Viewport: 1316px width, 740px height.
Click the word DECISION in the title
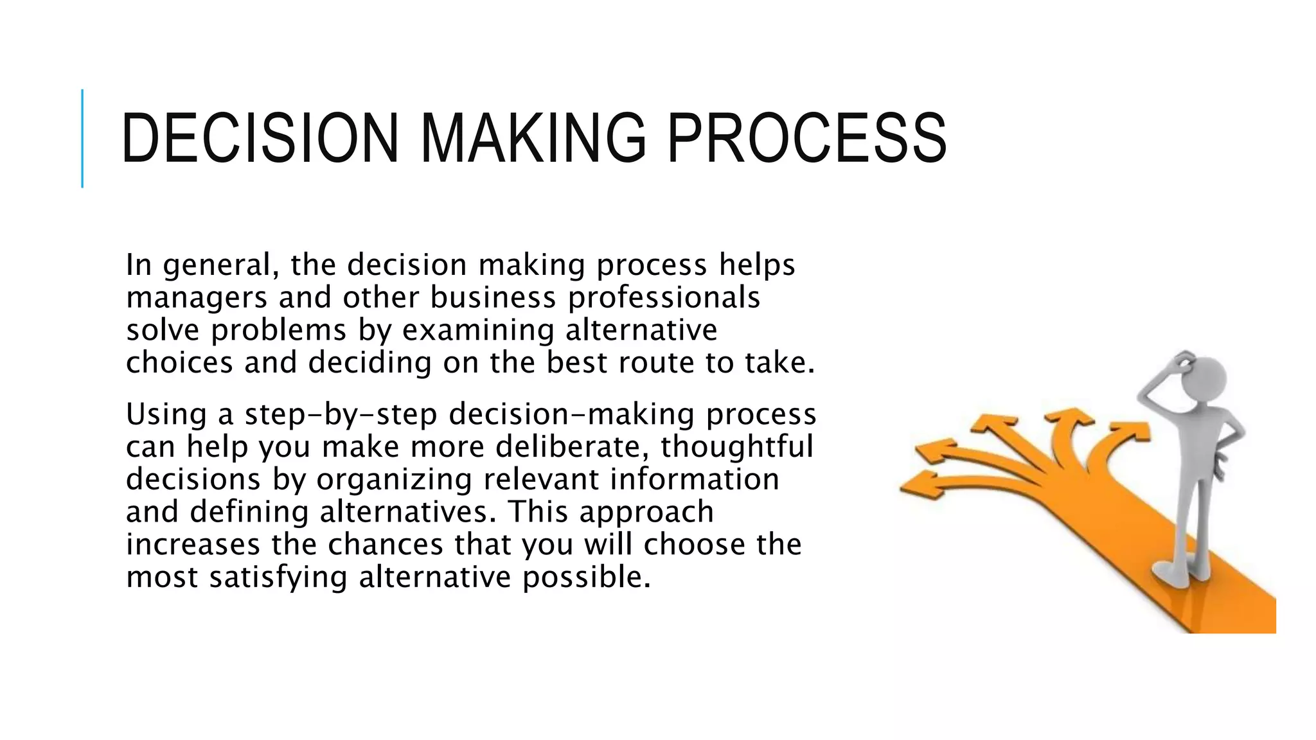coord(260,138)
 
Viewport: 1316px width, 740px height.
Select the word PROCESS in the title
coord(806,138)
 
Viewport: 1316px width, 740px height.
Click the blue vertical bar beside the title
coord(82,138)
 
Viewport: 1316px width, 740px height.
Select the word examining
coord(478,331)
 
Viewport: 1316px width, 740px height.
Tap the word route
coord(656,363)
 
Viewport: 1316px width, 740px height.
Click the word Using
coord(166,414)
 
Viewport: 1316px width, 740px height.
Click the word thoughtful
coord(737,446)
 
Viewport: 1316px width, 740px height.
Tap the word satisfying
coord(278,577)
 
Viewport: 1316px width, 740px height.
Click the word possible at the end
coord(586,577)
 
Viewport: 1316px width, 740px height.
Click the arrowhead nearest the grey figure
coord(1131,430)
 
